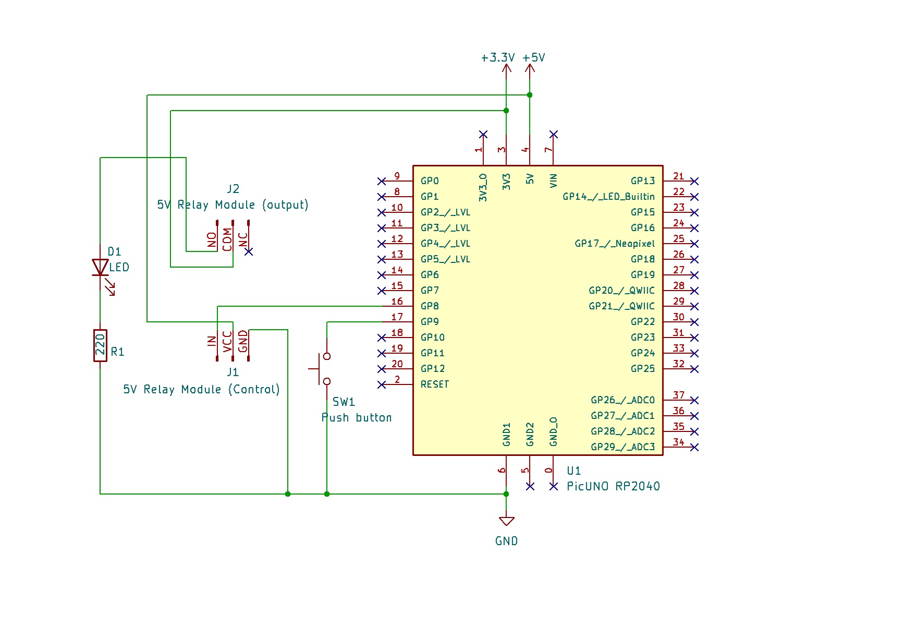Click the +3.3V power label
click(x=497, y=58)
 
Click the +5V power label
click(x=534, y=58)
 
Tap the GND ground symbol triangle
click(x=506, y=521)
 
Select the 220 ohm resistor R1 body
click(x=100, y=345)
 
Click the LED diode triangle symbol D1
click(x=100, y=267)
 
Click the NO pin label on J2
click(x=212, y=240)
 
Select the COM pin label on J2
click(x=227, y=239)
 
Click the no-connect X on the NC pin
click(x=249, y=251)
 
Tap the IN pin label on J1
click(x=212, y=341)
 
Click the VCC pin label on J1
click(x=227, y=342)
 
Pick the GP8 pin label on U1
click(x=430, y=306)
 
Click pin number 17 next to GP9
click(x=397, y=317)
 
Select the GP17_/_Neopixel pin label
click(x=615, y=244)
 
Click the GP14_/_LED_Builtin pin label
click(x=608, y=197)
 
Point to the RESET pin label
click(x=434, y=384)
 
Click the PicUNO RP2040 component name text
click(x=613, y=486)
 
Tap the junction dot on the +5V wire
click(x=530, y=95)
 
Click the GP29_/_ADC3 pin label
click(x=622, y=447)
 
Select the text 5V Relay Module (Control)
click(x=201, y=390)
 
